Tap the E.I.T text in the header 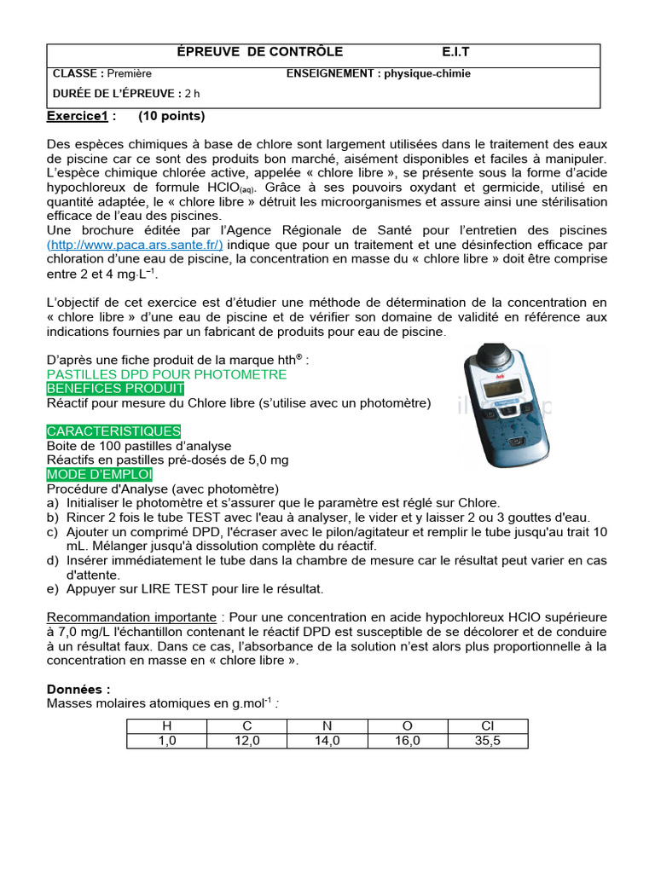(455, 52)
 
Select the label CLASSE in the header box (78, 74)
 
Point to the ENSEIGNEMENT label (333, 74)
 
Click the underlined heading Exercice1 (78, 116)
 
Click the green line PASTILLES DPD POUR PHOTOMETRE (166, 374)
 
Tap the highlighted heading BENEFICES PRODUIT (115, 388)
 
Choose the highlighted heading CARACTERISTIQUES (113, 431)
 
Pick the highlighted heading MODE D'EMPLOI (100, 474)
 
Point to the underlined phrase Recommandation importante (131, 617)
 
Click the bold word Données (78, 689)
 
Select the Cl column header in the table (488, 726)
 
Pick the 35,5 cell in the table (488, 741)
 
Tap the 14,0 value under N (327, 741)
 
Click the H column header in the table (166, 726)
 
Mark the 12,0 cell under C (247, 741)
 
